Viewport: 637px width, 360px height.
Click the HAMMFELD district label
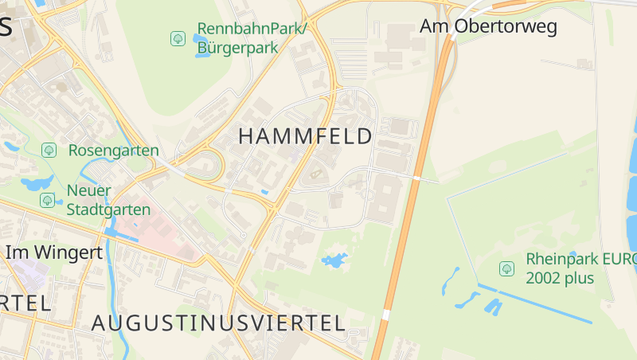click(305, 136)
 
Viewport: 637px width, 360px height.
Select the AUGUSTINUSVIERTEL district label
click(218, 323)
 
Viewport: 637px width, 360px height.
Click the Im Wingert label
click(54, 252)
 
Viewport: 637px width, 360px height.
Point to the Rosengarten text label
click(113, 150)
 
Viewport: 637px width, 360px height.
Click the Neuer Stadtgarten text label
click(108, 200)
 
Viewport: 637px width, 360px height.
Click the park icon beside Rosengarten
click(49, 150)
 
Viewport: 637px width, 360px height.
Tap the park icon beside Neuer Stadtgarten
click(47, 200)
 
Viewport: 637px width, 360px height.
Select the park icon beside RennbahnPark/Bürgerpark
click(178, 38)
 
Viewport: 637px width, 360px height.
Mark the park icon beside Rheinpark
click(506, 268)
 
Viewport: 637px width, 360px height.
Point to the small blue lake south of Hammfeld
click(334, 260)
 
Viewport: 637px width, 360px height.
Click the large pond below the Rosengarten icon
click(37, 184)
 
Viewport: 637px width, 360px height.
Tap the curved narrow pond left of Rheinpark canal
click(451, 280)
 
